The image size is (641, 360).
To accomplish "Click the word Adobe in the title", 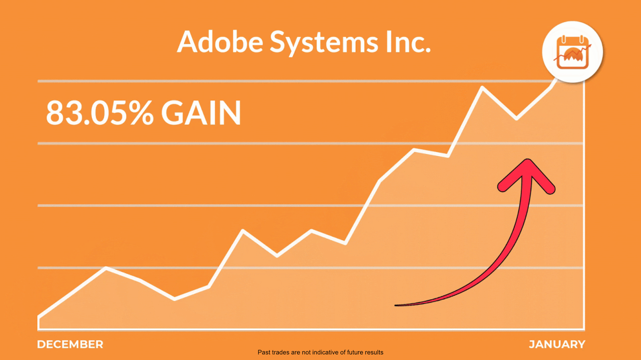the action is click(x=220, y=42).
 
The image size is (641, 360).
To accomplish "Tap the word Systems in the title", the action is click(x=324, y=43).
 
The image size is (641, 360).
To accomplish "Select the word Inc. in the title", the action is click(x=408, y=42).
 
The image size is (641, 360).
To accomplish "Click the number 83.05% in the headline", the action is click(x=100, y=113).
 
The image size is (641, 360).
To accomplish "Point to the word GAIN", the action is click(x=201, y=113).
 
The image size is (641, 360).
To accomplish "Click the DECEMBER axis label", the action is click(x=70, y=344).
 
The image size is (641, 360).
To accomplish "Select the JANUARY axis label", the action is click(x=557, y=344).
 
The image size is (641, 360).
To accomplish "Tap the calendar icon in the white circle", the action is click(x=572, y=53).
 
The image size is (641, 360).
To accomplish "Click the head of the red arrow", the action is click(x=526, y=175).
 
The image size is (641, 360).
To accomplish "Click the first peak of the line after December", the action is click(x=106, y=268).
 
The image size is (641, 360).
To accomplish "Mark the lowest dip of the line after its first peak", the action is click(x=175, y=299).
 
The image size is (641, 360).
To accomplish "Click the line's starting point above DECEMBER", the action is click(x=38, y=317).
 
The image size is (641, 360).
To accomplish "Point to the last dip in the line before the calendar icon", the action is click(x=516, y=119).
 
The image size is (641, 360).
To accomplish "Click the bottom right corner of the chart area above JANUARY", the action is click(x=584, y=330).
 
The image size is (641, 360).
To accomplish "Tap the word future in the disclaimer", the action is click(x=354, y=352).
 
